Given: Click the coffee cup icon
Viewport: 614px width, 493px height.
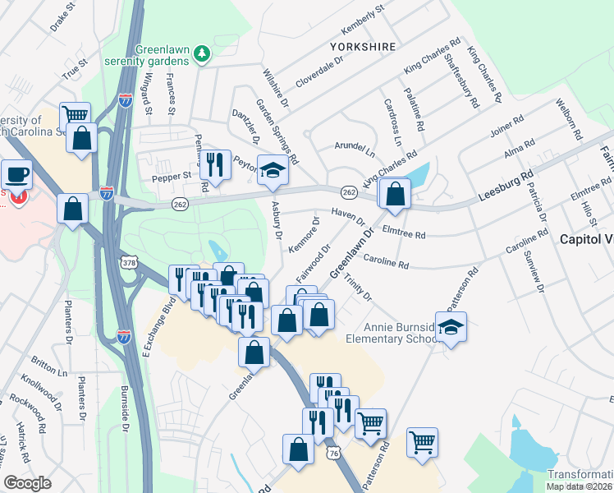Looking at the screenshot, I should pos(17,174).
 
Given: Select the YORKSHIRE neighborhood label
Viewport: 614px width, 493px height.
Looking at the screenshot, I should pos(363,47).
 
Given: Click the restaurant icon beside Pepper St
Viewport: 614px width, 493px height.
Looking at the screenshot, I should pos(215,165).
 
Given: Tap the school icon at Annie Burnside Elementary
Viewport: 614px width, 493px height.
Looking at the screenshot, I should pos(451,326).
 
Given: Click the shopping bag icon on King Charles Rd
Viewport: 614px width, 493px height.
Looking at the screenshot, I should pos(395,193).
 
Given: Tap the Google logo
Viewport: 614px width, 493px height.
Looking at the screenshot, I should pos(27,482).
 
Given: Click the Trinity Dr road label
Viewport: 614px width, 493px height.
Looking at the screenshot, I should pos(358,287).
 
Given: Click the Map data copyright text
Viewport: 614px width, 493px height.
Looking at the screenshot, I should pos(580,486).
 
